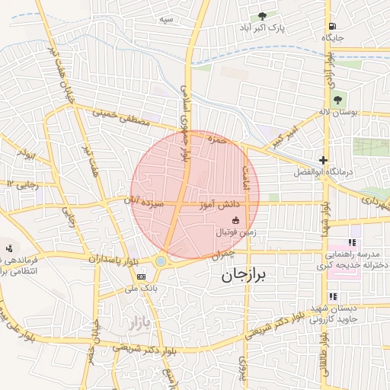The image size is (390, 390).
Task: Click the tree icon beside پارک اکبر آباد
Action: [x=263, y=15]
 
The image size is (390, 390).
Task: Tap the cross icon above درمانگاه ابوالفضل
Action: [x=324, y=161]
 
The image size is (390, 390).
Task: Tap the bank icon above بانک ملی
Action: [x=141, y=277]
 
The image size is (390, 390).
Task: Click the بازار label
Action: [x=131, y=323]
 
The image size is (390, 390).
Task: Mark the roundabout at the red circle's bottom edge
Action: [x=161, y=261]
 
